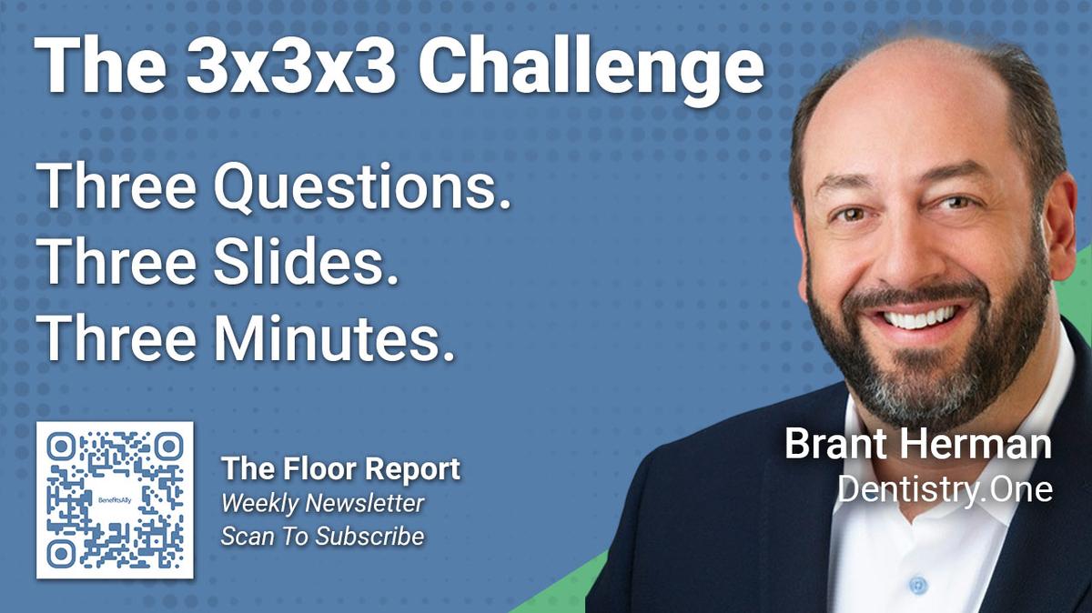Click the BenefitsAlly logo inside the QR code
tap(116, 500)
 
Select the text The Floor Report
tap(340, 469)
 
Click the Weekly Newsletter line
tap(322, 503)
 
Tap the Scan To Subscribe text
tap(322, 537)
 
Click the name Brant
tap(842, 445)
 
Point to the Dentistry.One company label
tap(945, 489)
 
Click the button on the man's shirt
tap(917, 585)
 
